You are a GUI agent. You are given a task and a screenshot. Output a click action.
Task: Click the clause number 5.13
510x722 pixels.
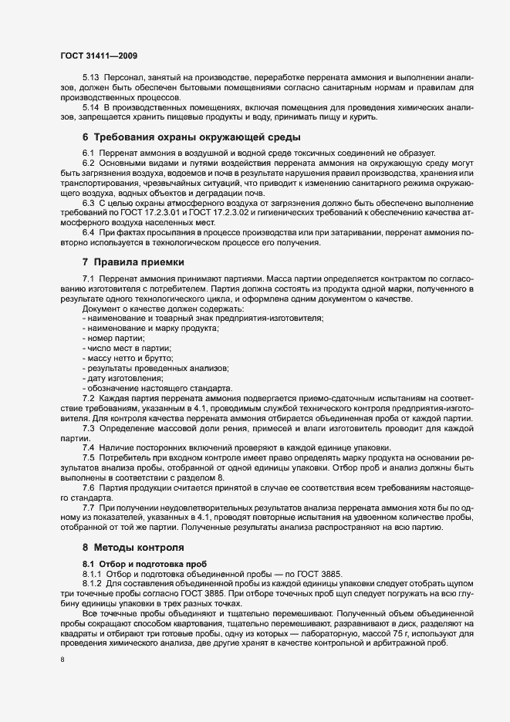[x=90, y=80]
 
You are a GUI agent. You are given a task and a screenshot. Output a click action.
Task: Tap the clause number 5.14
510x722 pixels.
[x=90, y=108]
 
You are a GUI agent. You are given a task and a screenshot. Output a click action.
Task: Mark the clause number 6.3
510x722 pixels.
[x=88, y=203]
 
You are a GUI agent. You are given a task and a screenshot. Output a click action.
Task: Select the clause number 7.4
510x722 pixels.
[x=88, y=447]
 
